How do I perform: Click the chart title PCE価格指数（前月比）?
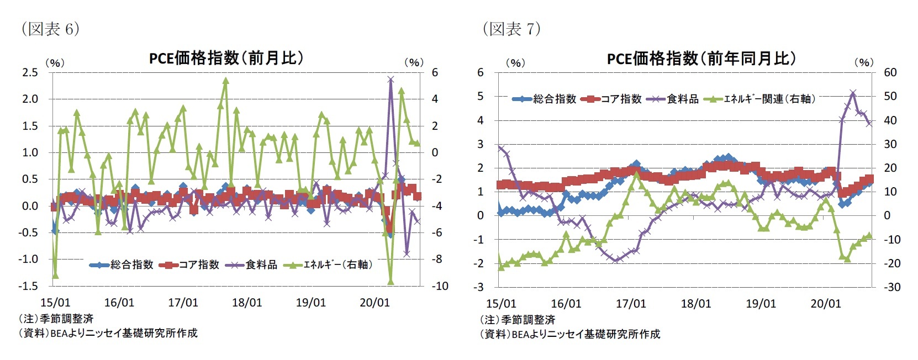coord(226,58)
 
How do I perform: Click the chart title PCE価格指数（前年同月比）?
coord(701,59)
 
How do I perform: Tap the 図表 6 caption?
coord(50,29)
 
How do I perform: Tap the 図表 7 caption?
coord(511,29)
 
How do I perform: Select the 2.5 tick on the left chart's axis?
coord(30,72)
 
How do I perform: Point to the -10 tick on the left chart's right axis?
coord(440,286)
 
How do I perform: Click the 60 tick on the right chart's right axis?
coord(890,72)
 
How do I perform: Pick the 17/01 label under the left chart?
coord(183,303)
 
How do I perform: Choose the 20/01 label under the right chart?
coord(825,304)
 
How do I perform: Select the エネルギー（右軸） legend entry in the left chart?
coord(328,265)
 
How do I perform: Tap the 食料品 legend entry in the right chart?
coord(675,99)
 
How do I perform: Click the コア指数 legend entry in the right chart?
coord(611,99)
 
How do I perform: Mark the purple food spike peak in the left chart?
coord(391,80)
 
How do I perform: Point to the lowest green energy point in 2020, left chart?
coord(391,282)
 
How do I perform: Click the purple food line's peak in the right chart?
coord(853,93)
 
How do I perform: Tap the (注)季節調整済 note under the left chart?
coord(56,319)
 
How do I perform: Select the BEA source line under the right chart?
coord(569,333)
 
